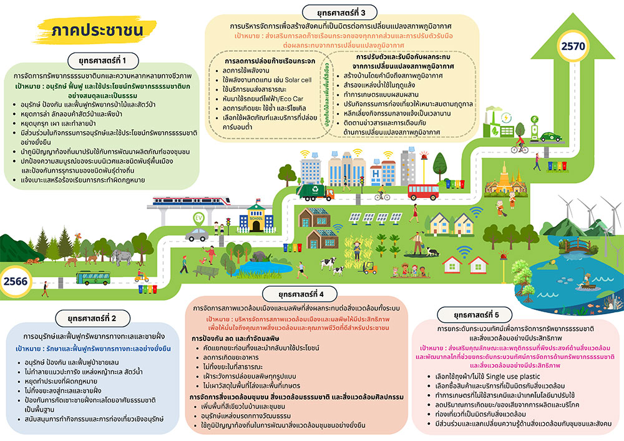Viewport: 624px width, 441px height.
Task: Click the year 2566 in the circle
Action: pyautogui.click(x=16, y=281)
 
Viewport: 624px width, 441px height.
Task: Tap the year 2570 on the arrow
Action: pyautogui.click(x=573, y=46)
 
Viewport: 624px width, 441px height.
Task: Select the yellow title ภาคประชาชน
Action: pyautogui.click(x=97, y=30)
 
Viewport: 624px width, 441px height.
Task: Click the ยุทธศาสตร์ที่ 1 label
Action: pyautogui.click(x=102, y=61)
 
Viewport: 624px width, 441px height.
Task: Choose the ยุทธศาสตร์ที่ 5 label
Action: pyautogui.click(x=476, y=315)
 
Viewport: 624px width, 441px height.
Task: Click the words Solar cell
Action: pyautogui.click(x=298, y=80)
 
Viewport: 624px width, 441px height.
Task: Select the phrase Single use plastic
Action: pyautogui.click(x=513, y=377)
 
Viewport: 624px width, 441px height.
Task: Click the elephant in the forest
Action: pyautogui.click(x=121, y=256)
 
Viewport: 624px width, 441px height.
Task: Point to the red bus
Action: pyautogui.click(x=423, y=192)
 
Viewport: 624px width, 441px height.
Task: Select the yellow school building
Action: pyautogui.click(x=256, y=219)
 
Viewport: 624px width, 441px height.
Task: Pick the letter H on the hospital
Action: pyautogui.click(x=375, y=174)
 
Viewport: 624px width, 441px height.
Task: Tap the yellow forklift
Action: pyautogui.click(x=369, y=268)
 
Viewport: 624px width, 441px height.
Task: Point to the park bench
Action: pyautogui.click(x=207, y=272)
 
